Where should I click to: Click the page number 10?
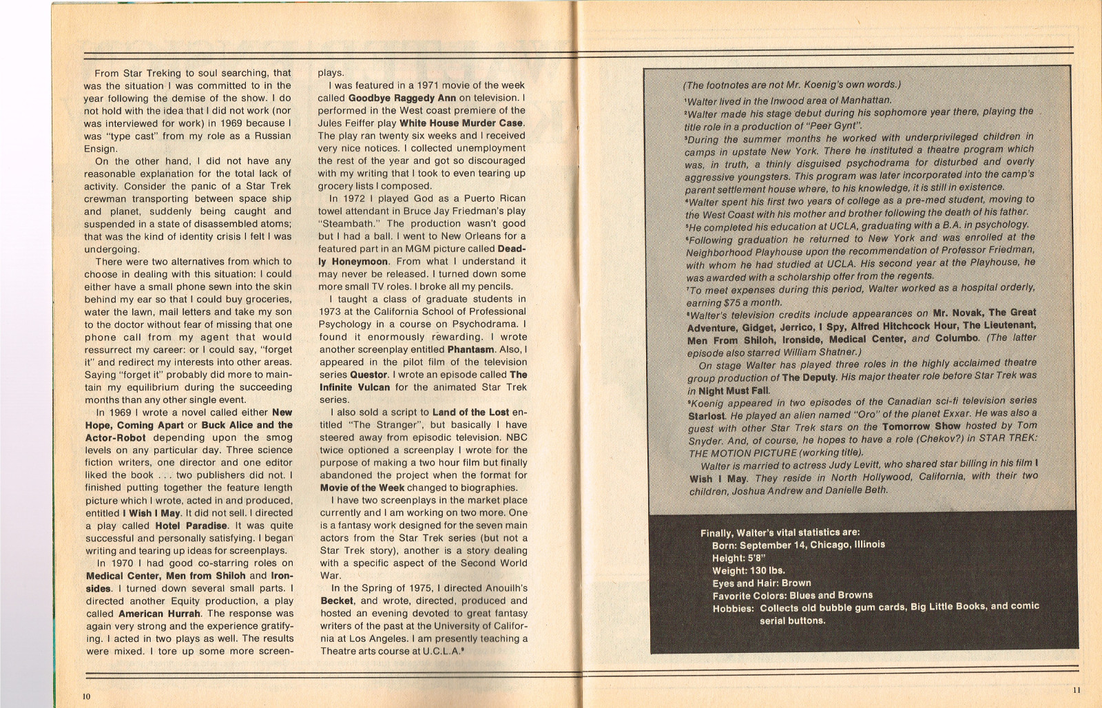pos(87,696)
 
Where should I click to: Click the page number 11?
pos(1077,690)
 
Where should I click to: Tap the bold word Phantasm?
pos(470,349)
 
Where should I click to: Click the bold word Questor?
pos(368,375)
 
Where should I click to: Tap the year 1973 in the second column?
pos(330,311)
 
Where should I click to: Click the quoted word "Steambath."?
pos(351,224)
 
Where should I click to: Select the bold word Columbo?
pos(957,338)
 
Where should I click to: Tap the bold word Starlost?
pos(707,416)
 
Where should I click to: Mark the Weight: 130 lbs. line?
pos(748,570)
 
